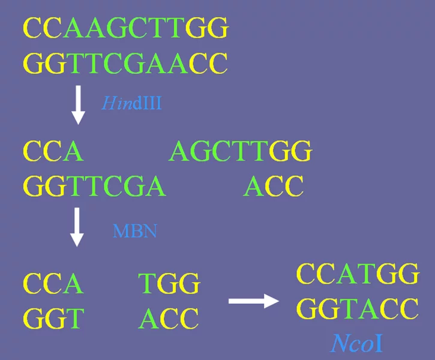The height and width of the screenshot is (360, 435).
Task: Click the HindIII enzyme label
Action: click(131, 103)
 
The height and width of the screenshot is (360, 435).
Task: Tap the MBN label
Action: click(135, 231)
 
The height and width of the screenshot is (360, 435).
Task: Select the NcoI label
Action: click(357, 343)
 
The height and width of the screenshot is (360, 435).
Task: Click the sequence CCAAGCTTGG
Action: click(125, 28)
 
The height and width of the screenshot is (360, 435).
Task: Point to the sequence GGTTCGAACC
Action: click(125, 63)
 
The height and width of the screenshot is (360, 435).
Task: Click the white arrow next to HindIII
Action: click(78, 105)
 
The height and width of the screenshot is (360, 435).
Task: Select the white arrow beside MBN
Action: click(77, 227)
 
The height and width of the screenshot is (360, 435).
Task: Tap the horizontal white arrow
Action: click(254, 301)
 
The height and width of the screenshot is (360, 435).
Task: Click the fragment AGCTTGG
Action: click(241, 151)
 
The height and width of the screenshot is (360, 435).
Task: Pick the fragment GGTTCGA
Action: click(95, 186)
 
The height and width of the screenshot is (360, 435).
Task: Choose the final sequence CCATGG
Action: click(358, 274)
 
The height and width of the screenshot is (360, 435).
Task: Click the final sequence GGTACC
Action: click(358, 308)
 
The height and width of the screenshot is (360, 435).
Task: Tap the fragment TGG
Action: click(169, 283)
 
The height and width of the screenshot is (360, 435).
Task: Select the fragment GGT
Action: click(54, 318)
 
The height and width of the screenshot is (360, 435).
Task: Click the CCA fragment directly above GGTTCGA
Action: click(53, 151)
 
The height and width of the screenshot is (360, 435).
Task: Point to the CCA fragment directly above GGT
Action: click(53, 283)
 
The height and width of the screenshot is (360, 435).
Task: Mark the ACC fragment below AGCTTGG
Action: click(273, 186)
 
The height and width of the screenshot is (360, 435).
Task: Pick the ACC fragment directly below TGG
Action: click(169, 318)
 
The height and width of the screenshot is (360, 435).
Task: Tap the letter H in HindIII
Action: click(109, 103)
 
